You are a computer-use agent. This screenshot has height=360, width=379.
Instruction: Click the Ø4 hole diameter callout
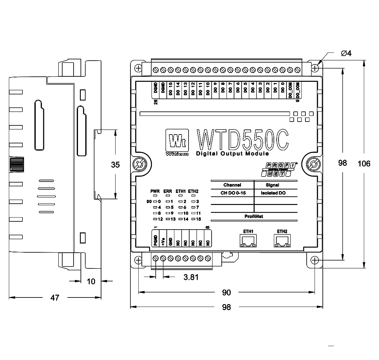tap(346, 53)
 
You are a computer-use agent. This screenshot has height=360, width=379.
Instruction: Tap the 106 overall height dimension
tap(364, 164)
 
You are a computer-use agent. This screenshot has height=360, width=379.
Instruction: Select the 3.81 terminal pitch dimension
tap(191, 277)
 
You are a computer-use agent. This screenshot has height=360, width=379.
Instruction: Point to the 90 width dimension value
tap(226, 293)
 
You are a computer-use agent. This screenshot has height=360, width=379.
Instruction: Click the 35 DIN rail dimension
tap(116, 165)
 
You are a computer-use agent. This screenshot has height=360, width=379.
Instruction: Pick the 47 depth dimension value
tap(55, 297)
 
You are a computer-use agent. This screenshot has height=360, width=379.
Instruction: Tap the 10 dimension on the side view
tap(91, 281)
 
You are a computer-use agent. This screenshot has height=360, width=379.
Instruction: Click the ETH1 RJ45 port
tap(248, 241)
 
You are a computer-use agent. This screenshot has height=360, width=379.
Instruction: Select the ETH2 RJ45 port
tap(282, 241)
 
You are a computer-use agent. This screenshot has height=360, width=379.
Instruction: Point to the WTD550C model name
tap(243, 139)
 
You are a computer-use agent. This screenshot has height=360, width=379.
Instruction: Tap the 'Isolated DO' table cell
tap(273, 193)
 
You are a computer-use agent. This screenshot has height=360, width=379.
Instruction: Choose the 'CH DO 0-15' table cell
tap(233, 193)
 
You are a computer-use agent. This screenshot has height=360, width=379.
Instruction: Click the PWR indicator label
tap(155, 191)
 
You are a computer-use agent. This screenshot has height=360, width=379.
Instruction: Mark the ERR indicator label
tap(168, 191)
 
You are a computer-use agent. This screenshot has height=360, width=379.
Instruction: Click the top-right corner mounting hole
tap(315, 68)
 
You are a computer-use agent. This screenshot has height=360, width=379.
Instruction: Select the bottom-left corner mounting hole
tap(138, 260)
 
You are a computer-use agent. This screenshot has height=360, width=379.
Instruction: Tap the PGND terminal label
tap(155, 240)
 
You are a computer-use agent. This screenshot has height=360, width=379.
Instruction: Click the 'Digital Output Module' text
tap(232, 154)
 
